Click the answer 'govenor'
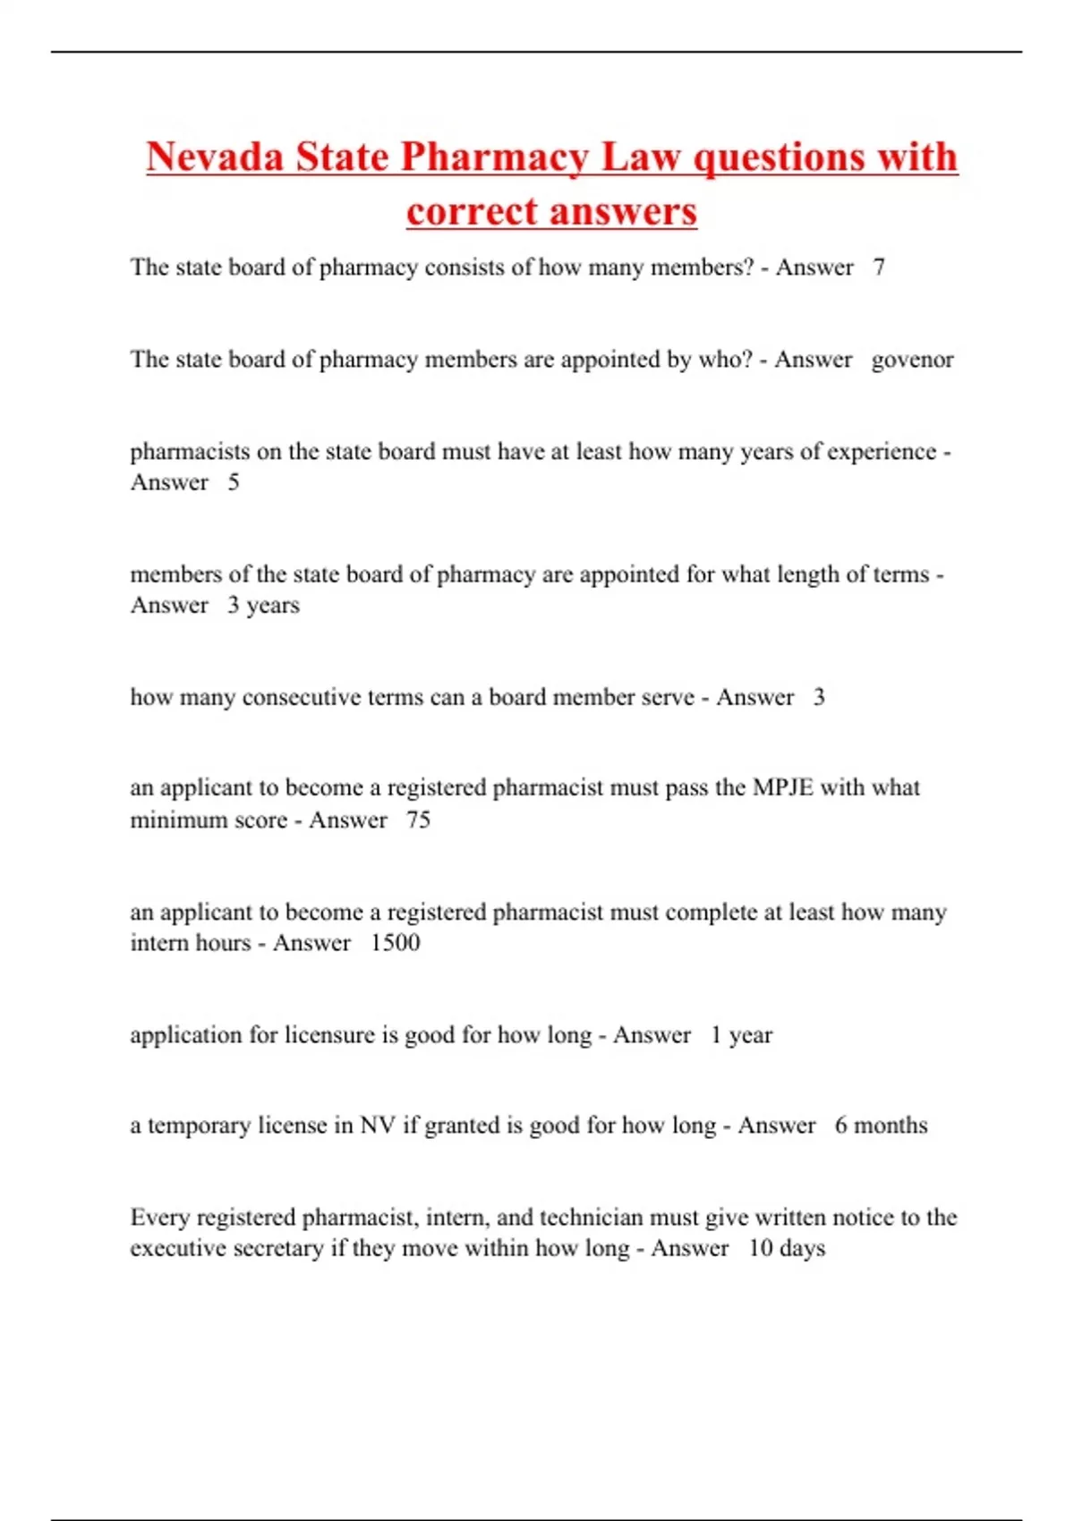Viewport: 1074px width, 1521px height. (x=912, y=360)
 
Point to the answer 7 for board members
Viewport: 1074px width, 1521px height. (x=879, y=268)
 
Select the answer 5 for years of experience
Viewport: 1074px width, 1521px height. (x=234, y=482)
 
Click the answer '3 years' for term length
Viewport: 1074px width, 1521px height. (x=263, y=606)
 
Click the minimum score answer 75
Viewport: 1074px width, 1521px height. (x=418, y=820)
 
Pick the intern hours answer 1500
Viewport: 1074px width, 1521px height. (x=395, y=943)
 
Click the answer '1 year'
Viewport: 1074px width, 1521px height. (x=741, y=1035)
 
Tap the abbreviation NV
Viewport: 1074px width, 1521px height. (x=378, y=1126)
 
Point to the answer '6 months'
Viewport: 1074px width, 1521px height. (x=881, y=1126)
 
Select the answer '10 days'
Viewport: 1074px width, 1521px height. (x=787, y=1248)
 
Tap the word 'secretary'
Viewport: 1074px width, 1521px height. (x=277, y=1248)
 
